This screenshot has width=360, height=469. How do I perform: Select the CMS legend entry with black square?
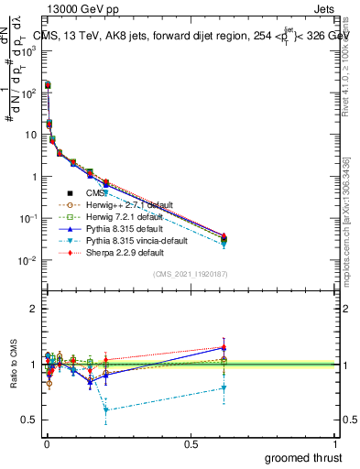click(95, 193)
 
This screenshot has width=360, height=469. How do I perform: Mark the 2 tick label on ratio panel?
click(34, 309)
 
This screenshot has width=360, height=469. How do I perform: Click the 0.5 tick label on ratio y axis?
click(30, 420)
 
